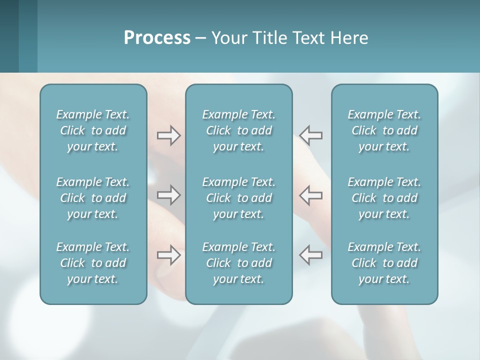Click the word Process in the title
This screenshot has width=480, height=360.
[157, 38]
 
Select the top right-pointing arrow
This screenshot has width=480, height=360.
[169, 135]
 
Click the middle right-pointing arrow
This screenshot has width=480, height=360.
[169, 195]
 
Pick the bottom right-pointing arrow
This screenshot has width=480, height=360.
[169, 255]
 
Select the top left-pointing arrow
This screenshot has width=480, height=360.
[311, 135]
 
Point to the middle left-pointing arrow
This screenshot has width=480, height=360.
[311, 195]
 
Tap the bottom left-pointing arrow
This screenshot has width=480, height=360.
[311, 255]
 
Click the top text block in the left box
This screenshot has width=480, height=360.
[93, 130]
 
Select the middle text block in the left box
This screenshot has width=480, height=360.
[93, 198]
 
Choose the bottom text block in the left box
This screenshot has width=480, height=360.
[93, 263]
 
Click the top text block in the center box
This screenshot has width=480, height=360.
[238, 130]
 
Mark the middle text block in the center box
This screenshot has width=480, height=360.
[238, 198]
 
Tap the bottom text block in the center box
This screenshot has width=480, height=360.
[238, 263]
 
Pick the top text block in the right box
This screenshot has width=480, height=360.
[384, 130]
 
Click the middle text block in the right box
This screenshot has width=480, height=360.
[384, 198]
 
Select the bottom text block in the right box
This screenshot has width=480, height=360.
[384, 263]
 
